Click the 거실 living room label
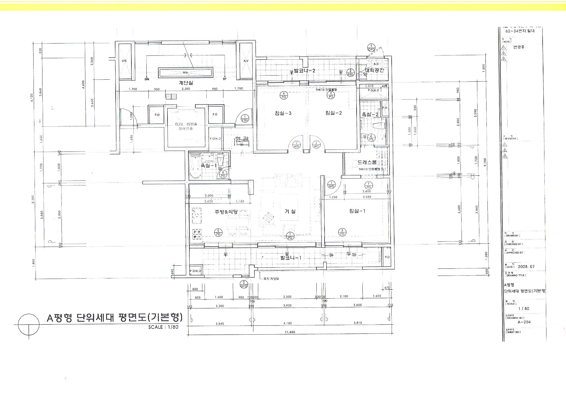coord(290,211)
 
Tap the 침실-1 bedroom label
coord(357,211)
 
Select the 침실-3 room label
coord(283,113)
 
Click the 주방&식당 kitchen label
coord(226,212)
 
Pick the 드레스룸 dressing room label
coord(367,162)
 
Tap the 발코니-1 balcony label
coord(291,258)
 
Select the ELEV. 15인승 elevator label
coord(186,124)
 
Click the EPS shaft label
coord(124,61)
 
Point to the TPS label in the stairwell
coord(185,73)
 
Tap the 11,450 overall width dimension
coord(290,332)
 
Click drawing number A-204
coord(524,322)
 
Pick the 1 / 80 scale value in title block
coord(524,308)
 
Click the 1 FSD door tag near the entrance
coord(244,118)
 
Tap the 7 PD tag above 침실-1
coord(368,185)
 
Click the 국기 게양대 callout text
coord(271,279)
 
